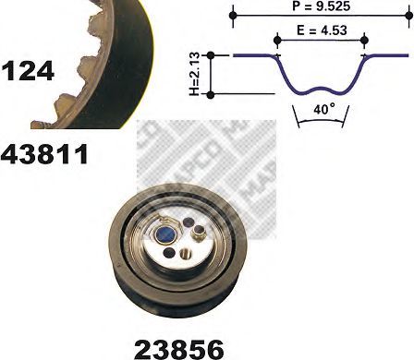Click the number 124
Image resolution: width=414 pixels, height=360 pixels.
point(28,71)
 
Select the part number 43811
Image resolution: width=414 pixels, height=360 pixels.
point(44,154)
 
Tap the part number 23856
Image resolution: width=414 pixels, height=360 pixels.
point(179,350)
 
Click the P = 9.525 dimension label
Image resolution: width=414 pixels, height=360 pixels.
point(321,6)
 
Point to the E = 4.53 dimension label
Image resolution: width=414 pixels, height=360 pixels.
point(322,30)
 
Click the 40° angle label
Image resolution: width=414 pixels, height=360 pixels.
point(324,110)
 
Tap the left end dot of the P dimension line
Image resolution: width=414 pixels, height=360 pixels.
point(234,15)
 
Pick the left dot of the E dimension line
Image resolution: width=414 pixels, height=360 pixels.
point(277,40)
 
